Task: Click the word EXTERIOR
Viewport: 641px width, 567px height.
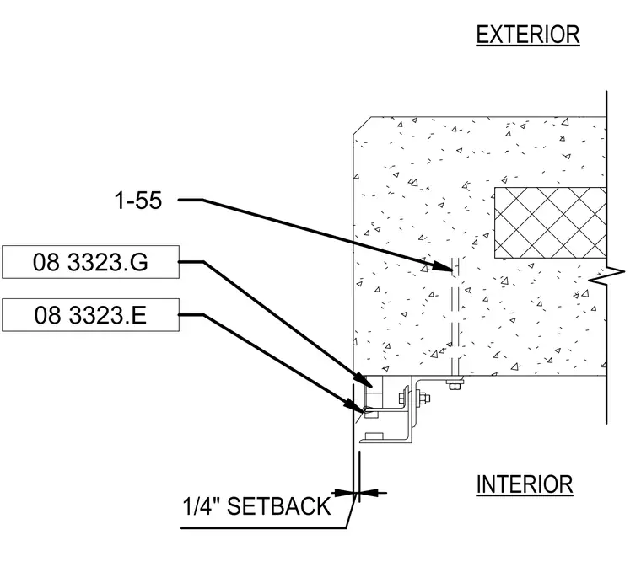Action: click(x=528, y=35)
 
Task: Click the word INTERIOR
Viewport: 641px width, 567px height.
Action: click(x=525, y=484)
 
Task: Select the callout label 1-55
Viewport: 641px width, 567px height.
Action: click(x=138, y=201)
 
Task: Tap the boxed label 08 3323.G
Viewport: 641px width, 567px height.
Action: click(x=90, y=262)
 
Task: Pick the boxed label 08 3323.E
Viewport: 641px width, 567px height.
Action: click(x=90, y=315)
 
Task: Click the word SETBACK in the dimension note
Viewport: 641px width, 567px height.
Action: click(x=279, y=506)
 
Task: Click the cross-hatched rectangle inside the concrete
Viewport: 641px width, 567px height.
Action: click(x=550, y=223)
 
